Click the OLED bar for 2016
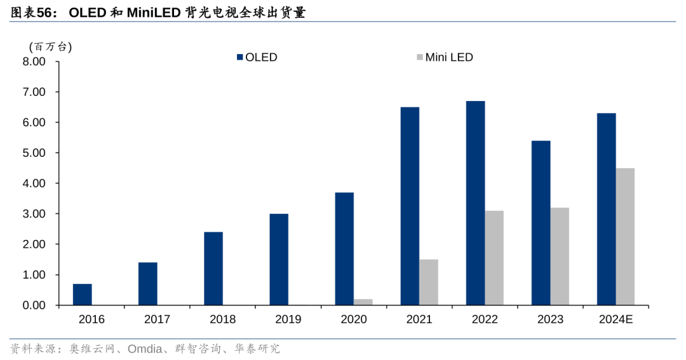82,295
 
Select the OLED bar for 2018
213,269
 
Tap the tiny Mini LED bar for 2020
363,302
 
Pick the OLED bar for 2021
410,206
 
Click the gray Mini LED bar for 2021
429,283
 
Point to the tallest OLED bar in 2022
475,203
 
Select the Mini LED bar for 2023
560,257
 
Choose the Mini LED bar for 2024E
625,237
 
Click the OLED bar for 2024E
606,210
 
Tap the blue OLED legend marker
240,57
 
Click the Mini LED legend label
449,57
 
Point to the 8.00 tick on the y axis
34,62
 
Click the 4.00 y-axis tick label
34,183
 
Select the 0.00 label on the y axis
34,305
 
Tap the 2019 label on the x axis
288,319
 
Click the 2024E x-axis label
615,319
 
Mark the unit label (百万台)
51,46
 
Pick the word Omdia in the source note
145,349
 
